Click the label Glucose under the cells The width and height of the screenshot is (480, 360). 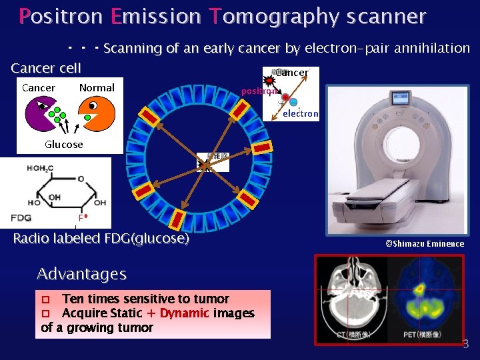(x=64, y=145)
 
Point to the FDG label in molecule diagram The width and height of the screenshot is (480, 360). (x=21, y=218)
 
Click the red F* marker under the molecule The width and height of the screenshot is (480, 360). (x=83, y=218)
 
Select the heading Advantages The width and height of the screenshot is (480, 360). (x=81, y=274)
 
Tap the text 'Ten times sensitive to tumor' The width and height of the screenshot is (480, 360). (x=145, y=299)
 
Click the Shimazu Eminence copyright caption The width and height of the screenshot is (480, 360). (x=425, y=244)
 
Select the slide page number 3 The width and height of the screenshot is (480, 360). (x=465, y=345)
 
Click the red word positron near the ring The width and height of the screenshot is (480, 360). (x=259, y=91)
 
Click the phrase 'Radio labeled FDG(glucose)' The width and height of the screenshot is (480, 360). (x=101, y=239)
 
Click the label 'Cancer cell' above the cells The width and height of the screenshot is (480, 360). (x=46, y=68)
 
